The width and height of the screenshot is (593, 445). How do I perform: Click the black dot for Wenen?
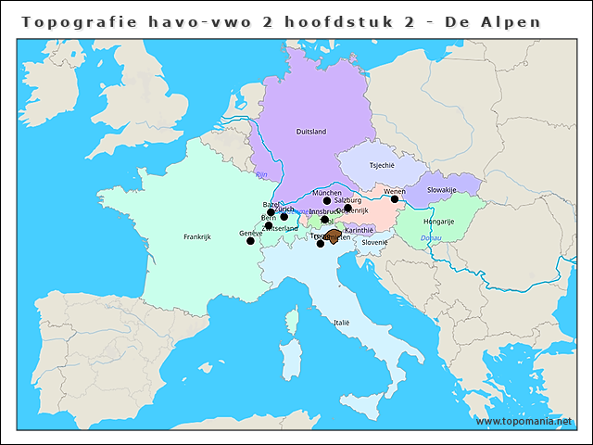tap(395, 198)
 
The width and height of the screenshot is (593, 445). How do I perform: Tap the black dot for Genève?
tap(250, 241)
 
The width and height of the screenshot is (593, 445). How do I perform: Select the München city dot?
tap(326, 200)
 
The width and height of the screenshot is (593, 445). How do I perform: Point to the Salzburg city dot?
tap(347, 209)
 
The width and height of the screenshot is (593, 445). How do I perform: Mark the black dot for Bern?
tap(269, 225)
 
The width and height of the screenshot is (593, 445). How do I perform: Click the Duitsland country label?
tap(310, 132)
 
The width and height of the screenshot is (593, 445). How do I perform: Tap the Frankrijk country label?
tap(197, 236)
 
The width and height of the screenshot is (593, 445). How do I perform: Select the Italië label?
tap(342, 323)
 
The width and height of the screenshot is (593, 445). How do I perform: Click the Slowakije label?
tap(442, 190)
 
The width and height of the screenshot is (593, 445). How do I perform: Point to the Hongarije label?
tap(438, 222)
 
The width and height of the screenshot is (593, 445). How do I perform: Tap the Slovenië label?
tap(374, 242)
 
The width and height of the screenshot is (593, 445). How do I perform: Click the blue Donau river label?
tap(431, 238)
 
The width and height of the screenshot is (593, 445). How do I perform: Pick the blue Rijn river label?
tap(261, 173)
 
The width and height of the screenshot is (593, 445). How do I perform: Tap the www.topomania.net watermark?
tap(531, 421)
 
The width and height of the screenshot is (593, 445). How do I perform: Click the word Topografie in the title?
tap(74, 21)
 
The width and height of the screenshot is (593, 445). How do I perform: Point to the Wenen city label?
tap(395, 191)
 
